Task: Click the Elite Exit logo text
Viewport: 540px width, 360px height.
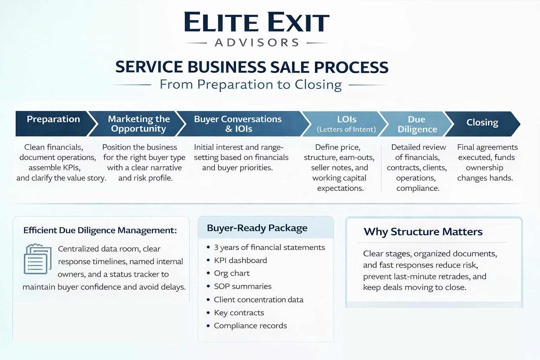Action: tap(257, 22)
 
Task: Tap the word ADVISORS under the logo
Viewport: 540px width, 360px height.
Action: tap(257, 43)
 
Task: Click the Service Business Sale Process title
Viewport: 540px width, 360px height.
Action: tap(252, 67)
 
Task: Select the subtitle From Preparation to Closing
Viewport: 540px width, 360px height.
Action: tap(250, 85)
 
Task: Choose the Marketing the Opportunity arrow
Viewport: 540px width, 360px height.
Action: tap(139, 124)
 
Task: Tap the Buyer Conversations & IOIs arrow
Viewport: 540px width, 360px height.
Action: tap(238, 124)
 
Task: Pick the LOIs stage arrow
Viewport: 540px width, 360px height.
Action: tap(346, 124)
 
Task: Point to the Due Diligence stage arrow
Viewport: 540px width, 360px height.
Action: tap(417, 124)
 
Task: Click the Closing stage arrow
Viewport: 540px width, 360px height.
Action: tap(482, 123)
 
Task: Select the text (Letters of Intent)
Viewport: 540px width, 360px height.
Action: tap(346, 129)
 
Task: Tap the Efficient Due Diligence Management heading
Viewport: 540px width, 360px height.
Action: tap(100, 230)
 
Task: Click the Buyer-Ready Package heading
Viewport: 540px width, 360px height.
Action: tap(257, 228)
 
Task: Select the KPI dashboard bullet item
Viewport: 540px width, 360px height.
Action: tap(240, 261)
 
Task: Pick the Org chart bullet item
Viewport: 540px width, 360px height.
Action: tap(232, 274)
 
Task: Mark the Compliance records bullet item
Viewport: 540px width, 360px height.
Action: tap(250, 326)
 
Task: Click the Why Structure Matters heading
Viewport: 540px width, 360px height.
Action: tap(423, 232)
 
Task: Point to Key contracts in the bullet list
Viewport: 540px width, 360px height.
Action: tap(239, 313)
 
